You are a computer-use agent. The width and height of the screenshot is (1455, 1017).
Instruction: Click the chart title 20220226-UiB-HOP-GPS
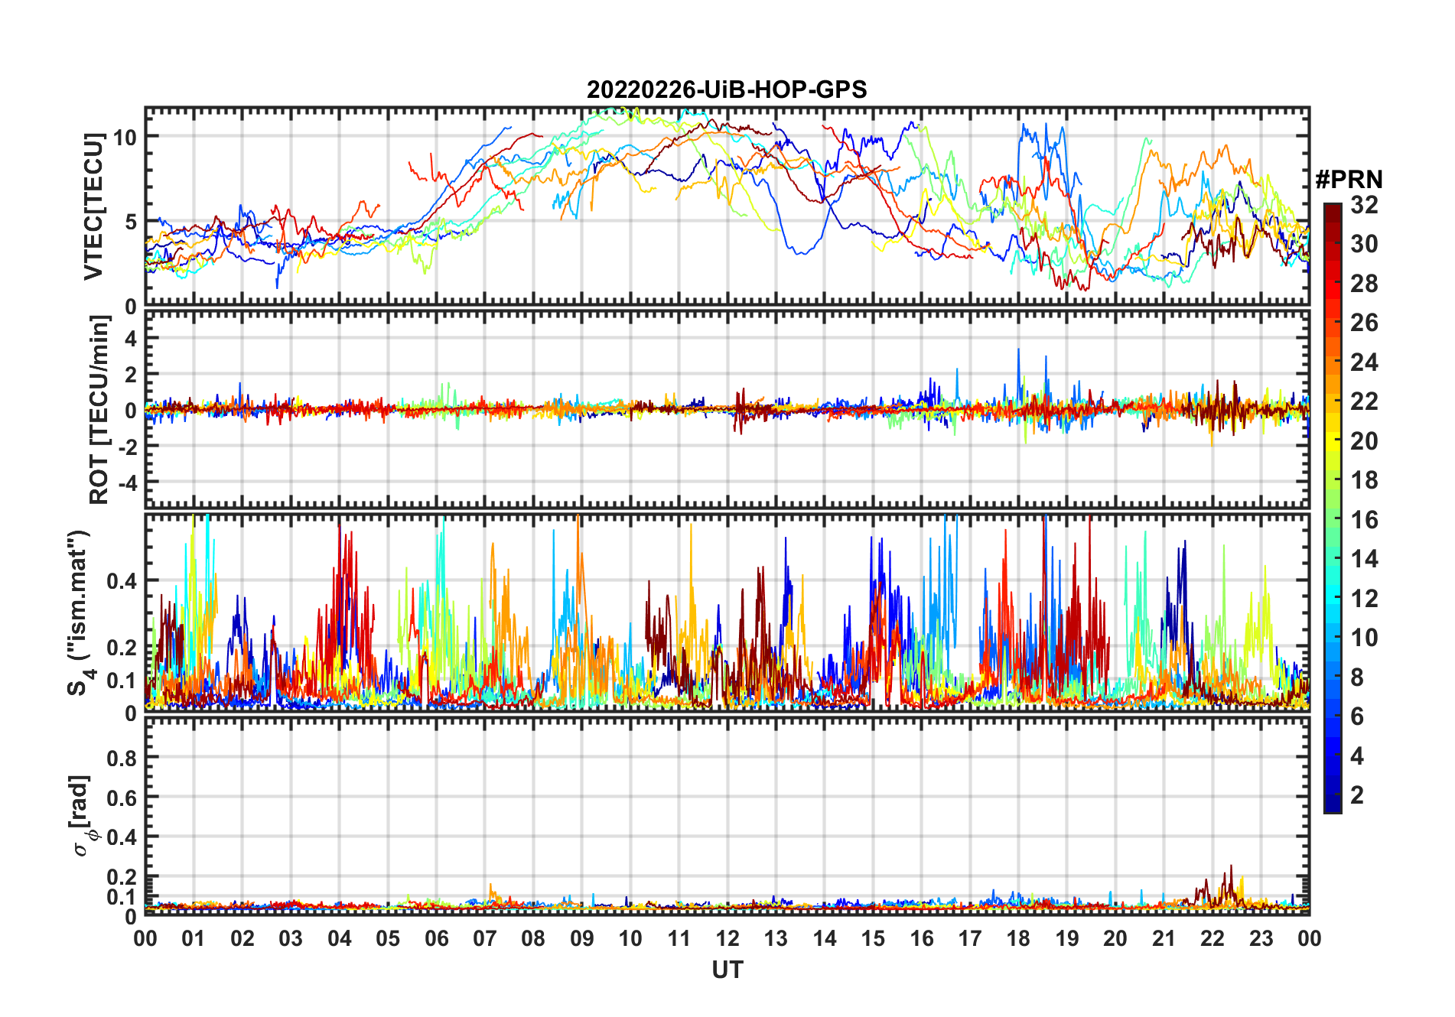[727, 90]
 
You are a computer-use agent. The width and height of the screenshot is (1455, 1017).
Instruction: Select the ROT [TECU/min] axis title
[99, 410]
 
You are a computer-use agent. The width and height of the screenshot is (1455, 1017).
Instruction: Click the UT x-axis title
[727, 970]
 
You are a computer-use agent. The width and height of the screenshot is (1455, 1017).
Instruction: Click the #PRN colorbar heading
[1349, 180]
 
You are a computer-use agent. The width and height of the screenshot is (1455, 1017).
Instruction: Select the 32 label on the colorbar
[1364, 205]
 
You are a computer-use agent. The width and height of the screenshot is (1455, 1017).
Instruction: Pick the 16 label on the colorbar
[1364, 520]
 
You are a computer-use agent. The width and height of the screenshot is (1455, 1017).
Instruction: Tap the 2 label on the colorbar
[1357, 795]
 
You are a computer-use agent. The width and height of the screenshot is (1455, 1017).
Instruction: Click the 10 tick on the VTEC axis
[125, 138]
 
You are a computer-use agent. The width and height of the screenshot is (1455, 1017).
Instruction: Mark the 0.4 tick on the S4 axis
[121, 581]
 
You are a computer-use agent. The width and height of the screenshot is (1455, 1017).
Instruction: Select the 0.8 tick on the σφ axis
[121, 758]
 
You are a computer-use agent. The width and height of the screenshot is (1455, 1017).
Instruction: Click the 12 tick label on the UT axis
[727, 939]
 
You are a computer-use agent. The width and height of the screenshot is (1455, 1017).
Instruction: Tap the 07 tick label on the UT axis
[485, 939]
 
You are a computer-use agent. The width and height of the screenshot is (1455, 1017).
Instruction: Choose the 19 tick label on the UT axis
[1066, 939]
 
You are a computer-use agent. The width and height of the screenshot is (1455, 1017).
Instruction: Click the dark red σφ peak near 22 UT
[1231, 867]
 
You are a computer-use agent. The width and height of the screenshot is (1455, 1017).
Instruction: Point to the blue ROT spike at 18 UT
[1018, 350]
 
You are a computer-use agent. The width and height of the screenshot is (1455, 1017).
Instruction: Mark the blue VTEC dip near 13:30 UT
[799, 253]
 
